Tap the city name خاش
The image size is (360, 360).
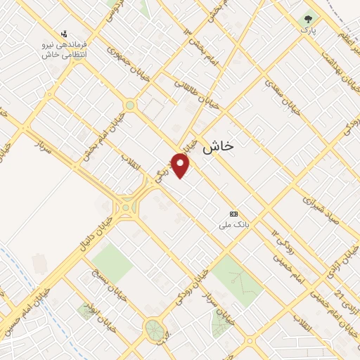tap(218, 147)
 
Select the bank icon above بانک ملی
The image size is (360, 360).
tap(234, 214)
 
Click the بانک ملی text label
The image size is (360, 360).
tap(234, 226)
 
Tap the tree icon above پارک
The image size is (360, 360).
tap(307, 20)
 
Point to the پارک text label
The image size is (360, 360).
tap(307, 31)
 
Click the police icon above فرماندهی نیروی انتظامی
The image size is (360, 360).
tap(65, 33)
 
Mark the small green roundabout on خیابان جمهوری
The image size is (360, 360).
tap(129, 105)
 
